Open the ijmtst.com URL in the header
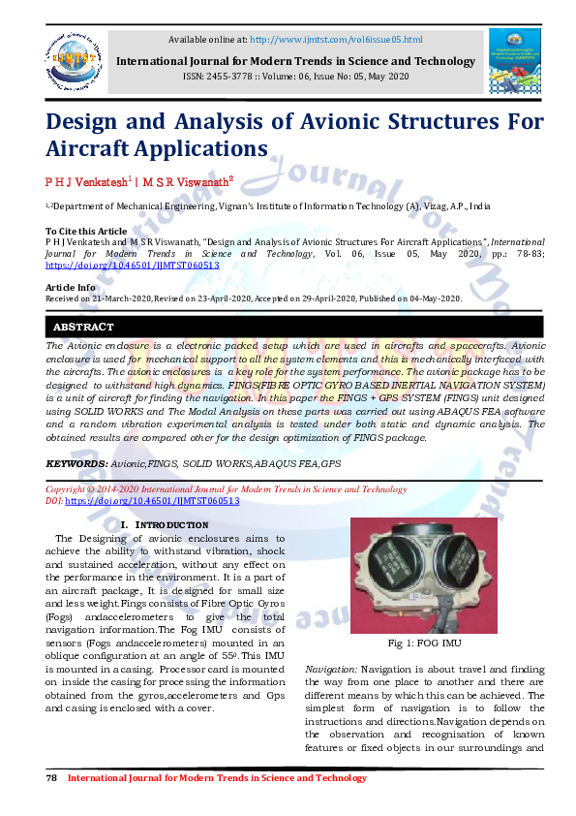336,40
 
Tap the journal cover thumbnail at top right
515,60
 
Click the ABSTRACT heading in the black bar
83,328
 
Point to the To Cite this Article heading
86,231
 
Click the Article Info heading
71,287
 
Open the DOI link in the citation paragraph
132,265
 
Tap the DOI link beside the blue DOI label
152,502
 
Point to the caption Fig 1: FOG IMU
424,643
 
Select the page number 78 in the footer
52,778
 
